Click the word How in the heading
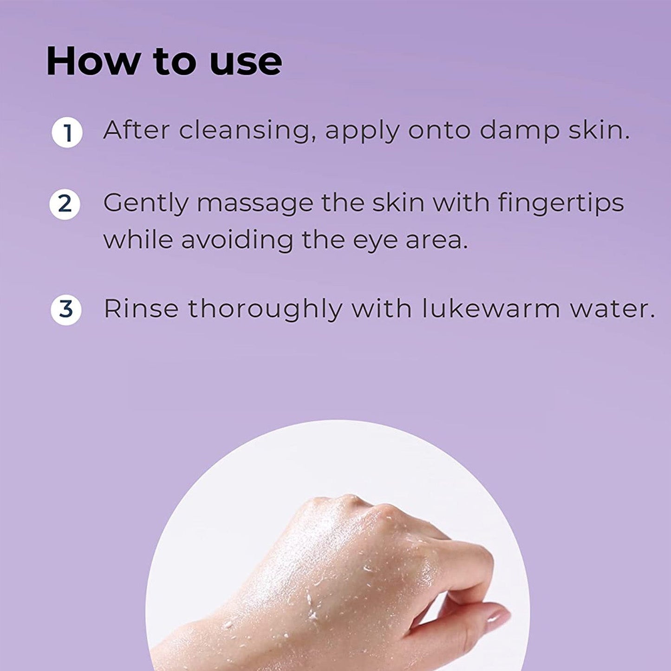93,61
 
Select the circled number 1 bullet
67,133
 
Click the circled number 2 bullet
65,204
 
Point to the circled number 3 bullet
66,310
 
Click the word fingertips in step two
561,203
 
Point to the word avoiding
237,240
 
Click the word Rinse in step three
141,308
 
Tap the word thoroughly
265,309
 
